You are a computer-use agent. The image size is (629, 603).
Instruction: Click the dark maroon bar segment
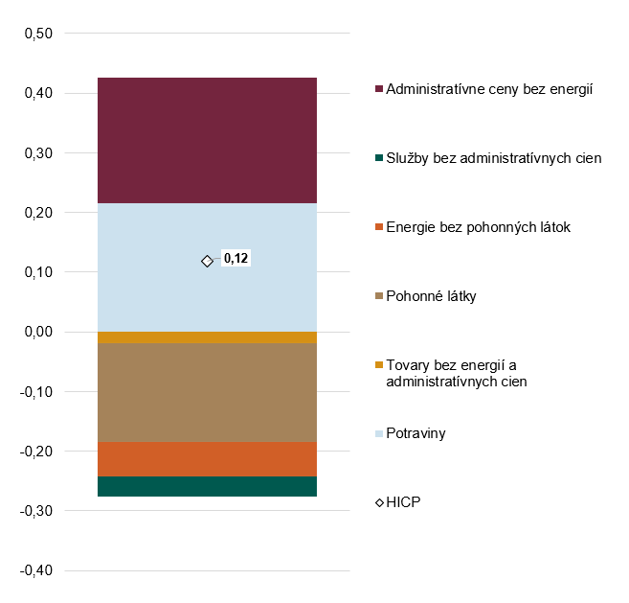(207, 140)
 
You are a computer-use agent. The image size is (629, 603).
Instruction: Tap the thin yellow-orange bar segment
(207, 337)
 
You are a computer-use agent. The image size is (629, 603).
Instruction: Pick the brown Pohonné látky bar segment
(207, 392)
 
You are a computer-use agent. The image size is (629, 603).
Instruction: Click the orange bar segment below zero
(207, 459)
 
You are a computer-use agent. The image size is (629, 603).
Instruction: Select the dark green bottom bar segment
(207, 486)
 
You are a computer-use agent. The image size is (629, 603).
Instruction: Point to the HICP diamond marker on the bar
(207, 261)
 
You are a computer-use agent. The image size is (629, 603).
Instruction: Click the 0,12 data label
(236, 259)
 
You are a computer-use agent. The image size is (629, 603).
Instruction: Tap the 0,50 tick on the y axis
(36, 35)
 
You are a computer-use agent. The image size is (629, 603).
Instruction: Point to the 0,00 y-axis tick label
(36, 333)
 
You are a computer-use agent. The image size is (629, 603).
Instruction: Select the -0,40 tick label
(34, 571)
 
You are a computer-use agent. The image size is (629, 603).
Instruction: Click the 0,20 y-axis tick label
(36, 213)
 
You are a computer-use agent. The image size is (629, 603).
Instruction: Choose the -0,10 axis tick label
(34, 392)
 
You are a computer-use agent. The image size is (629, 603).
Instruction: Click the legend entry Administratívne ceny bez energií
(489, 89)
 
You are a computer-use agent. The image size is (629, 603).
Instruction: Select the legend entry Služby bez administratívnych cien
(493, 158)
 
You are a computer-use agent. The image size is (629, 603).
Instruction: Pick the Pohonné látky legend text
(431, 296)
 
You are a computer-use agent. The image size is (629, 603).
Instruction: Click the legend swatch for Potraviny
(379, 434)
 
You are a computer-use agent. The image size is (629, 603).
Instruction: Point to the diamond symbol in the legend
(379, 502)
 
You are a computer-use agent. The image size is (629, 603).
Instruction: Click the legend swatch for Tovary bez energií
(379, 365)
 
